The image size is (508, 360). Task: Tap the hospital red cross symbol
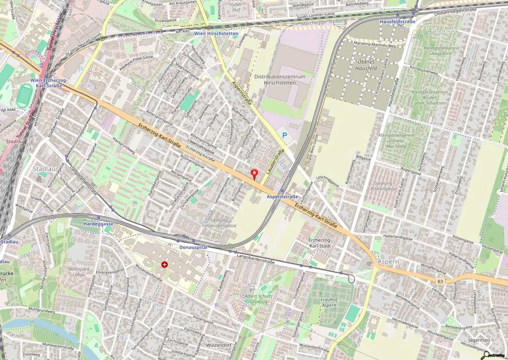click(164, 264)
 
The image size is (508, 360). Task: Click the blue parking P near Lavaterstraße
click(284, 135)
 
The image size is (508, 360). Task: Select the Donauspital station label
click(193, 247)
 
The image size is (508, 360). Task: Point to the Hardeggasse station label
click(99, 224)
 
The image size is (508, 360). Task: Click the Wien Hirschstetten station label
click(221, 34)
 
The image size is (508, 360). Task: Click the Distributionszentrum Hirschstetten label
click(280, 79)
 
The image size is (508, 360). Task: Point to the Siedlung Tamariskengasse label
click(219, 223)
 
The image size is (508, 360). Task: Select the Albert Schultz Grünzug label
click(259, 299)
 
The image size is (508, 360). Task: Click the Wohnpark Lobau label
click(79, 272)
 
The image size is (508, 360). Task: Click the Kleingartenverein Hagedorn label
click(441, 51)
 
